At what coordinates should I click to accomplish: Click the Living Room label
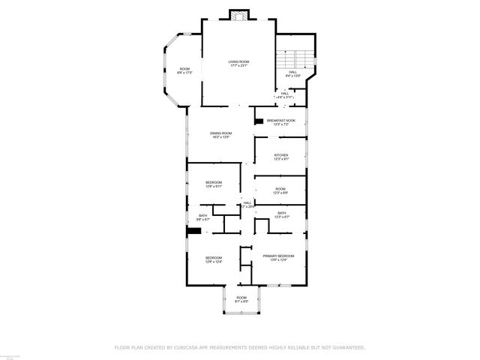238,63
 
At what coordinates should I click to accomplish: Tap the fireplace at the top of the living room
239,15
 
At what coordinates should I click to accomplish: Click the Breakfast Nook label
280,121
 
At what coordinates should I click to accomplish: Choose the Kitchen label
280,157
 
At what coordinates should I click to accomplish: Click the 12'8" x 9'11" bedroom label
214,184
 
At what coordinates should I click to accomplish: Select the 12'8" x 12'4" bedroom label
214,260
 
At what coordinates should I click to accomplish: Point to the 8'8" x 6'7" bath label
202,217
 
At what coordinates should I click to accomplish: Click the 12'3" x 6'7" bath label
281,214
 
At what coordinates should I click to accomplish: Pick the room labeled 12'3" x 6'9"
280,190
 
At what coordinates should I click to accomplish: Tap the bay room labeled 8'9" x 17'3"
184,70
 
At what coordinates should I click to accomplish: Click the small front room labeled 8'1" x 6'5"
241,299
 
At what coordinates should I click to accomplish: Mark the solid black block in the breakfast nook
259,121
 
